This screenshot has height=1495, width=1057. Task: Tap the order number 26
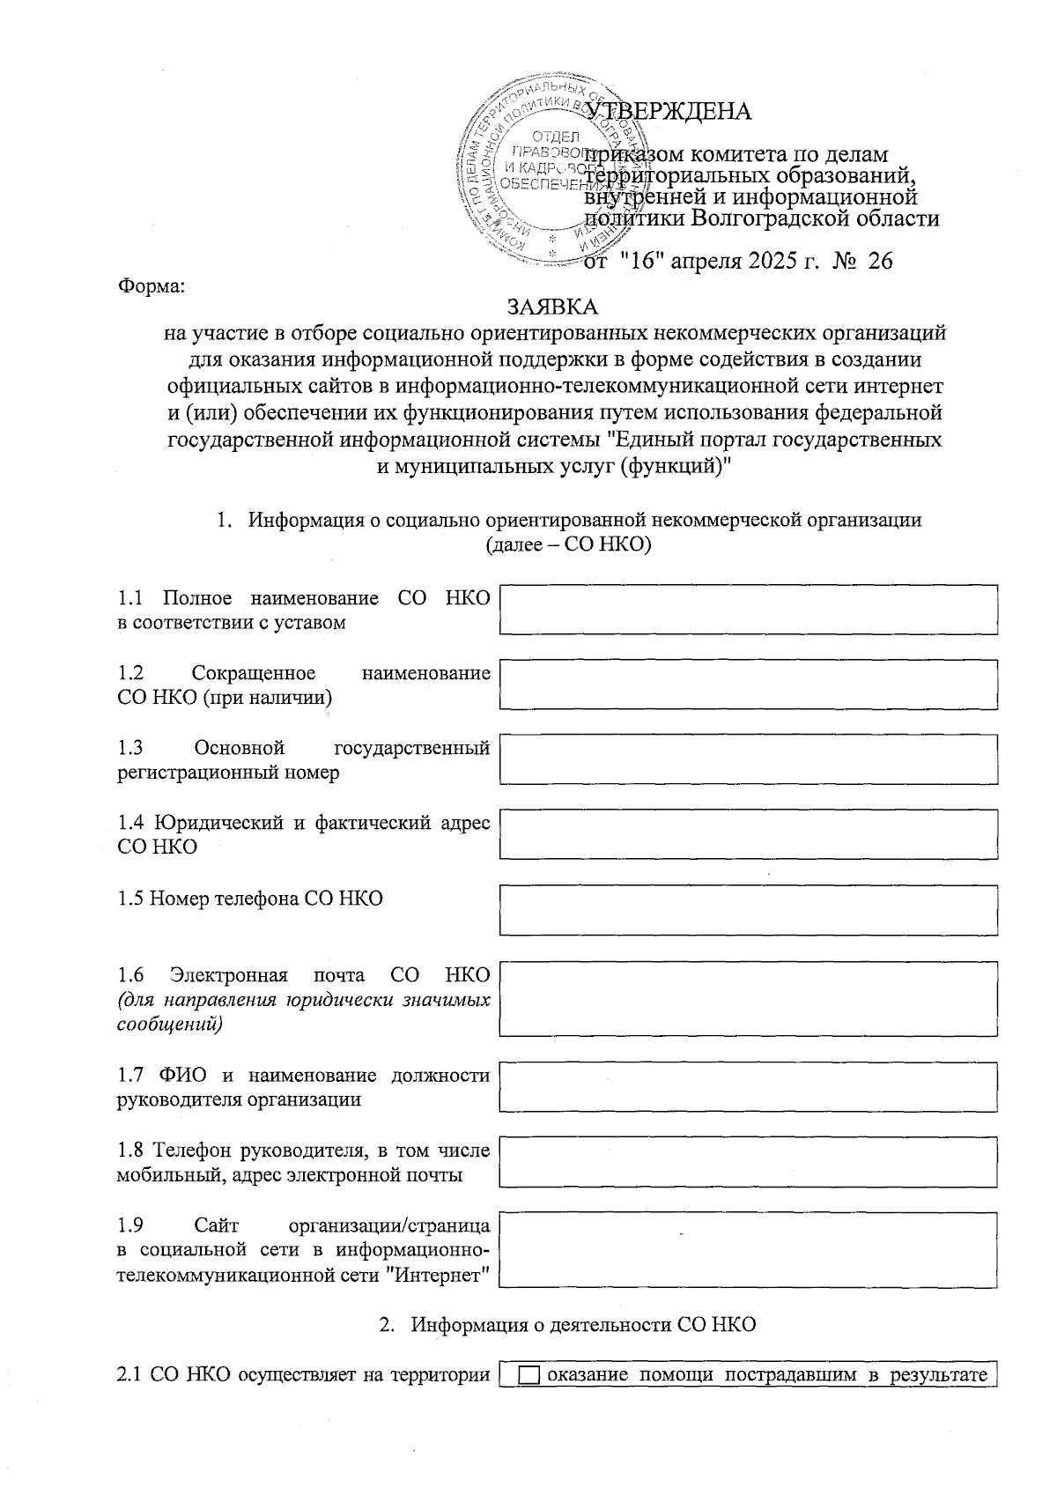click(880, 262)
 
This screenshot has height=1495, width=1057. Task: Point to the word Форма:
click(152, 286)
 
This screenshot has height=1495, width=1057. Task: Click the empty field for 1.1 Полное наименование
click(748, 610)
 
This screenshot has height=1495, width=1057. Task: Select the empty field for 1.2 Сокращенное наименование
click(748, 685)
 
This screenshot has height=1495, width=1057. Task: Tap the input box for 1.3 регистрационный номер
click(748, 759)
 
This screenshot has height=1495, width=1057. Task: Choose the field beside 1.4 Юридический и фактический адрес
click(748, 834)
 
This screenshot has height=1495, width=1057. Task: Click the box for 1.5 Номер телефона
click(748, 909)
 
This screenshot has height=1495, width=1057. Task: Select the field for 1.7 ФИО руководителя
click(748, 1086)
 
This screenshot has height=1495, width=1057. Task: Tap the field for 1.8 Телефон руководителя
click(748, 1161)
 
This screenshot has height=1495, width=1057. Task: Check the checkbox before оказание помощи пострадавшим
click(528, 1376)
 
